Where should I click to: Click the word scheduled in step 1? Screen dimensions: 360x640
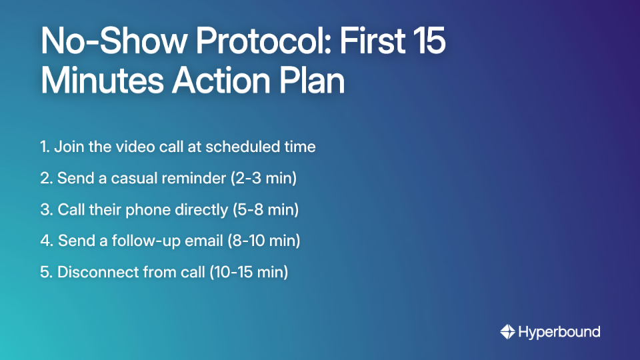(240, 147)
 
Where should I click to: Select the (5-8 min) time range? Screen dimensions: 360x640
(265, 209)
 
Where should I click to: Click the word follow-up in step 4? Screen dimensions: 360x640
(144, 241)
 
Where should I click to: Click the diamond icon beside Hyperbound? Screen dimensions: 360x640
(507, 331)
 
